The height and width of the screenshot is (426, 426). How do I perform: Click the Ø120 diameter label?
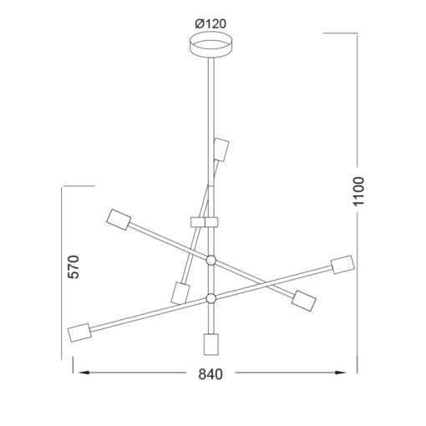tap(210, 24)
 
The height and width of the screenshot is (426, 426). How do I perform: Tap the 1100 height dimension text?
tap(358, 191)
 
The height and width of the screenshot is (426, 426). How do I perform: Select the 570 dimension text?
tap(74, 266)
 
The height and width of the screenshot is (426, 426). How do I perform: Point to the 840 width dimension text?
tap(210, 374)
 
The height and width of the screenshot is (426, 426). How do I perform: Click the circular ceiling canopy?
tap(210, 45)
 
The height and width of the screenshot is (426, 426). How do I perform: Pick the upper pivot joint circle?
tap(211, 261)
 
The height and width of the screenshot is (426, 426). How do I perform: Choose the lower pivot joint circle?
tap(211, 298)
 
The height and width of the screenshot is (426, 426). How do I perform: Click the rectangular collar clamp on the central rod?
tap(205, 222)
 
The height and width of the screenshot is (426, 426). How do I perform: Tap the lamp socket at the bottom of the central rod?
tap(210, 344)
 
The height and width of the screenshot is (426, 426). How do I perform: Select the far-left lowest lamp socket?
tap(79, 332)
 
